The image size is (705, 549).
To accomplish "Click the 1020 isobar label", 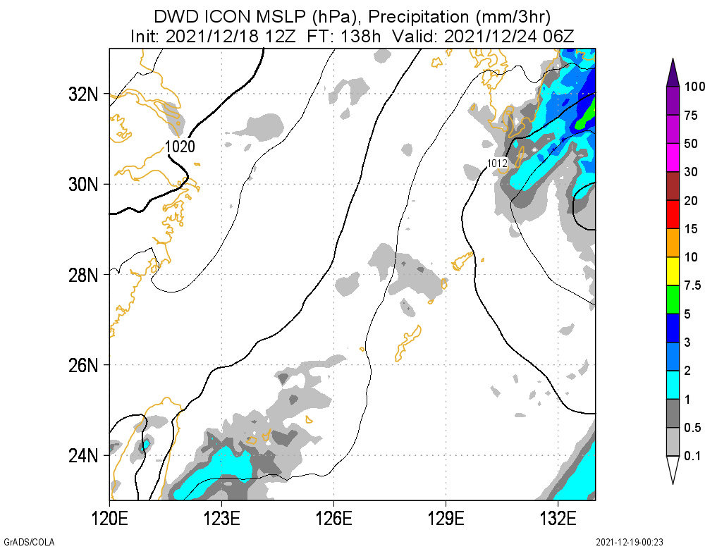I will click(x=180, y=147).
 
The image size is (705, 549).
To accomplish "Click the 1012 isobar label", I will click(x=498, y=164).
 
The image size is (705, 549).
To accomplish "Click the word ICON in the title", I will click(x=230, y=16).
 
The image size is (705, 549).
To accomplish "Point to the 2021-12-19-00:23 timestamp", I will click(x=630, y=542).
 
